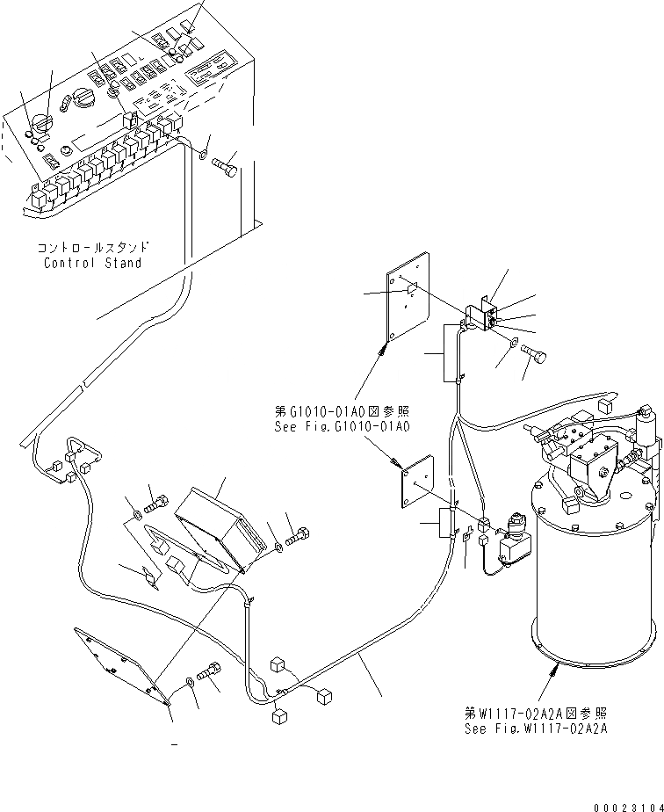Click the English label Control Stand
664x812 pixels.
92,263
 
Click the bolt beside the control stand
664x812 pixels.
226,163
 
